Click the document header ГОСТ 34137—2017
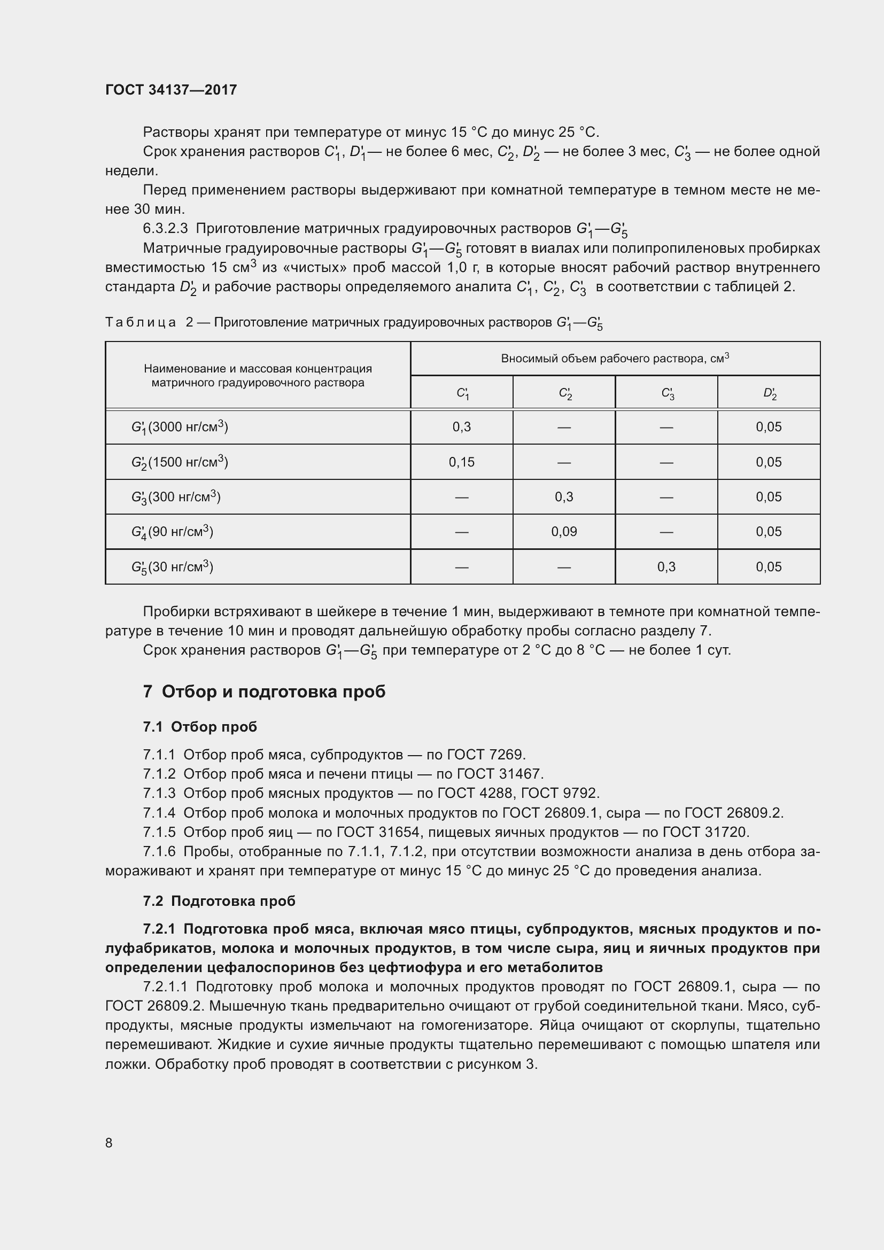[x=171, y=90]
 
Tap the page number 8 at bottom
[x=109, y=1143]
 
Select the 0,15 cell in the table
[x=461, y=462]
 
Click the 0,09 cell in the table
[x=563, y=532]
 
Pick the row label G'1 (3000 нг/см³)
[x=179, y=428]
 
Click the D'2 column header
[x=769, y=393]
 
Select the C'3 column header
[x=666, y=393]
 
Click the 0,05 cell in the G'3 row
[x=768, y=497]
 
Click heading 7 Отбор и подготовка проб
[x=264, y=692]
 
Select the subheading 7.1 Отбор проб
[x=200, y=727]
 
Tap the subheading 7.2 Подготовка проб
[x=219, y=901]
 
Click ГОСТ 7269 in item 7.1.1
[x=485, y=755]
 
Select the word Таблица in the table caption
[x=141, y=322]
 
